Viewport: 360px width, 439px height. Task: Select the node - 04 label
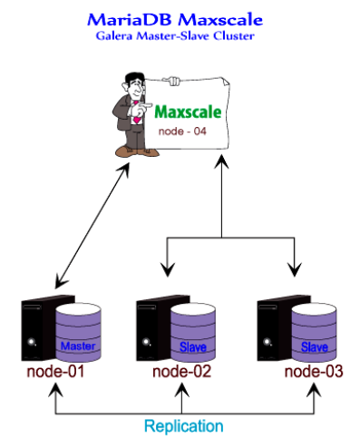pyautogui.click(x=182, y=132)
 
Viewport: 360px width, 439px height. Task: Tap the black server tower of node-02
pyautogui.click(x=151, y=330)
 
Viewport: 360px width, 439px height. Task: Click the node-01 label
pyautogui.click(x=54, y=372)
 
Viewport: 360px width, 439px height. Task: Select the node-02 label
pyautogui.click(x=180, y=372)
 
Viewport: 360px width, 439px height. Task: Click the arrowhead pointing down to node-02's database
pyautogui.click(x=166, y=268)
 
